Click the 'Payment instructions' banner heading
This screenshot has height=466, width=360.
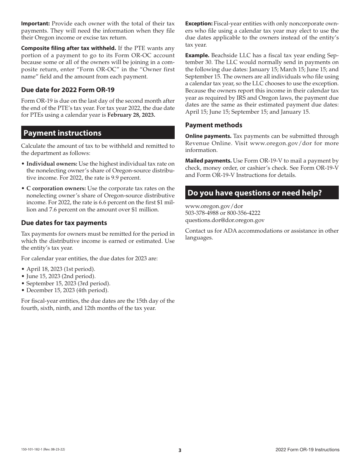[63, 133]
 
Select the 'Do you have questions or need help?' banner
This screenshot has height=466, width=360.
[255, 193]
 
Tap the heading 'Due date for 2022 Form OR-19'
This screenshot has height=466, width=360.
[68, 90]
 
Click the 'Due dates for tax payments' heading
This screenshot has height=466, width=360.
[64, 223]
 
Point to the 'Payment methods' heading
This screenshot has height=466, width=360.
[214, 125]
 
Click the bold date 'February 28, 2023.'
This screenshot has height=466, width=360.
[131, 115]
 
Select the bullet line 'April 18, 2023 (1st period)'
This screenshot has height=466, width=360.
[61, 269]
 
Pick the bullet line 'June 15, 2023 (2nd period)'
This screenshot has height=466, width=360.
[61, 276]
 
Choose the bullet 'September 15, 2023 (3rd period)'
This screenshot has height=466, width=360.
[68, 283]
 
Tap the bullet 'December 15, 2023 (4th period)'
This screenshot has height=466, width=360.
[67, 290]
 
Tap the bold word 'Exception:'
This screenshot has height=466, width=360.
[199, 23]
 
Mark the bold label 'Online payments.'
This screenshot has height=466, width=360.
[208, 136]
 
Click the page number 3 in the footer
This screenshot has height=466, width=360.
[180, 450]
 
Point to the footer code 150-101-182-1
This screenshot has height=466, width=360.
[32, 450]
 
